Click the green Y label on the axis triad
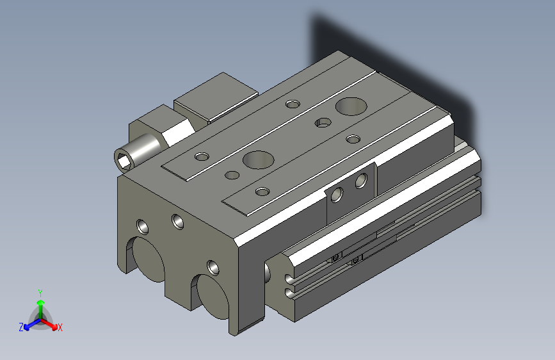pyautogui.click(x=40, y=291)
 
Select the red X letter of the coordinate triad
pyautogui.click(x=60, y=327)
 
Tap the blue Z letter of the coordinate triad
pyautogui.click(x=21, y=327)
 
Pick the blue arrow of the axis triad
pyautogui.click(x=29, y=324)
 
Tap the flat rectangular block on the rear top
pyautogui.click(x=215, y=97)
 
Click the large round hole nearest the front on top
pyautogui.click(x=257, y=158)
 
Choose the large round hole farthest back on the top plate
pyautogui.click(x=349, y=104)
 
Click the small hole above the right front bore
pyautogui.click(x=213, y=266)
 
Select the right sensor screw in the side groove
pyautogui.click(x=357, y=258)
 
